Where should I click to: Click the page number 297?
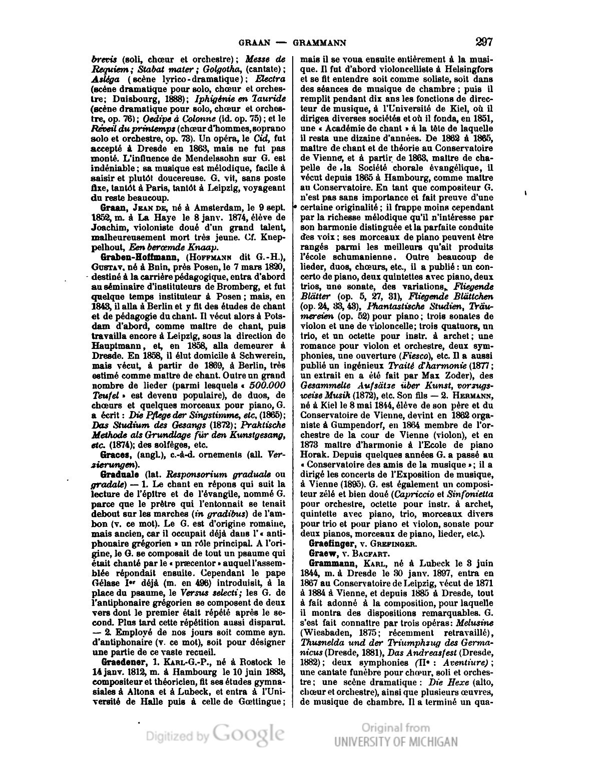pyautogui.click(x=485, y=42)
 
